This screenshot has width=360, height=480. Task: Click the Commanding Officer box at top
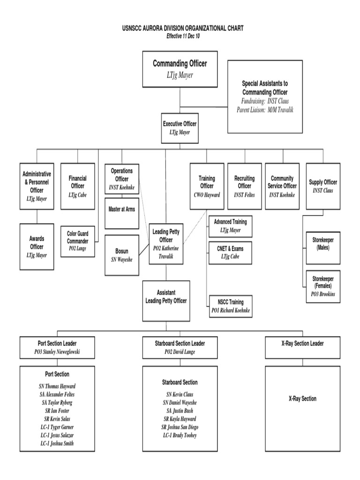pyautogui.click(x=180, y=69)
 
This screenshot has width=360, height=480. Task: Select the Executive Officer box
pyautogui.click(x=180, y=127)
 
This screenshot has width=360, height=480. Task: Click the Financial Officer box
pyautogui.click(x=77, y=186)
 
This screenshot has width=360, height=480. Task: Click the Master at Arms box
pyautogui.click(x=121, y=210)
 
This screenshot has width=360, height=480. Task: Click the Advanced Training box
pyautogui.click(x=230, y=226)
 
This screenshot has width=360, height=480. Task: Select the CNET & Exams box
pyautogui.click(x=230, y=253)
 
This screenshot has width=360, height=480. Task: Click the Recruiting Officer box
pyautogui.click(x=244, y=186)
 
